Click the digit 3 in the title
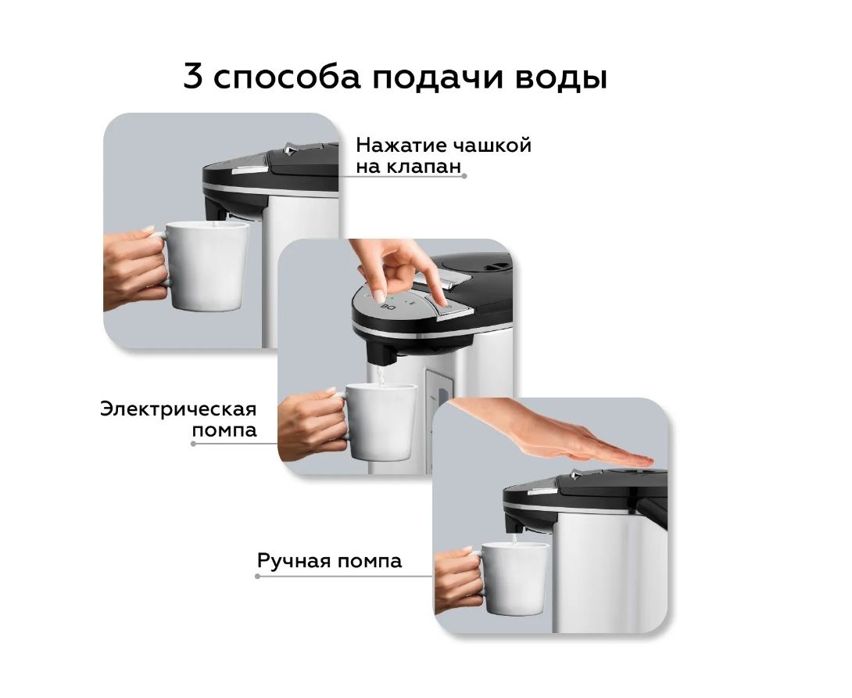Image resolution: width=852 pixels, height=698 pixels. point(192,76)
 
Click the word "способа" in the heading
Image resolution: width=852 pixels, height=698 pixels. point(287,77)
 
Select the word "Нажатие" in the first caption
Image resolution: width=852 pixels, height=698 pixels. point(399,146)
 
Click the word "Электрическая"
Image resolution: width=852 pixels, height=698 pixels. point(178,408)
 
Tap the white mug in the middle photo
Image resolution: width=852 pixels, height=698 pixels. point(375,422)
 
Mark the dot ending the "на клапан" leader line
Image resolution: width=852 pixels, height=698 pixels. point(464,176)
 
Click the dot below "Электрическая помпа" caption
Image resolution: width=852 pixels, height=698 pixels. point(193,444)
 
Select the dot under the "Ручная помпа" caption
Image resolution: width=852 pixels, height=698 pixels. point(258,576)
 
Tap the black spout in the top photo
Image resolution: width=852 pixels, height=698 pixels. point(217,209)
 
